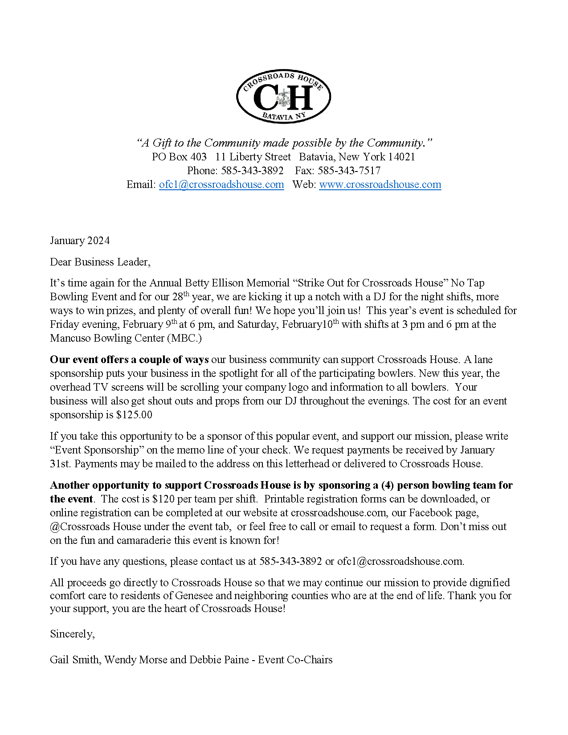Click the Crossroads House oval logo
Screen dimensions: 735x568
[283, 97]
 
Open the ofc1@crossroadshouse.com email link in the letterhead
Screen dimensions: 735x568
[221, 184]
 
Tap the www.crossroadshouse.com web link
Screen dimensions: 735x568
[380, 184]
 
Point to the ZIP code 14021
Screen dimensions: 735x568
[401, 157]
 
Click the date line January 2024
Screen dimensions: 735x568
[80, 241]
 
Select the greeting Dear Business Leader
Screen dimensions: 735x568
[100, 262]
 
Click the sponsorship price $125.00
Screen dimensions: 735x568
[134, 415]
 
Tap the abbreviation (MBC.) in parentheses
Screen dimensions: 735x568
[184, 338]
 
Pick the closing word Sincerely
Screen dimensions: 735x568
[72, 634]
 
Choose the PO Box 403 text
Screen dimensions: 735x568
[179, 157]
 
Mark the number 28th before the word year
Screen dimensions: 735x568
[180, 296]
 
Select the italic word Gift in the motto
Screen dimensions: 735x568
[162, 143]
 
